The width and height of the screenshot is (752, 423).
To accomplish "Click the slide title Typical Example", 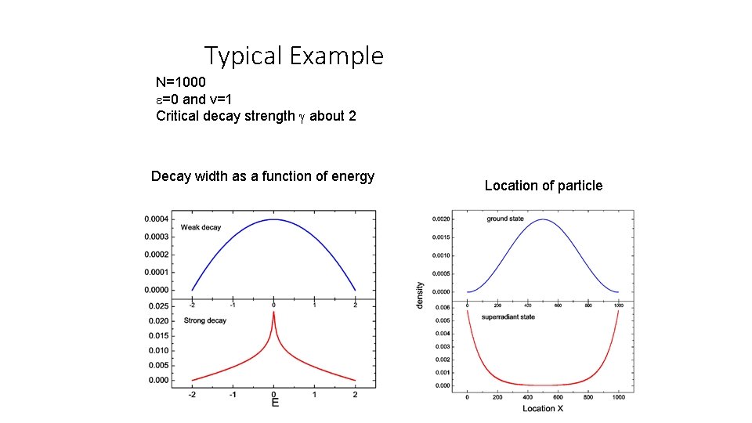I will click(x=294, y=56).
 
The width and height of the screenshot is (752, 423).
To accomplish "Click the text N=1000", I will click(x=180, y=82).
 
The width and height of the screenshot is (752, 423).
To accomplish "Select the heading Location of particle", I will click(x=543, y=186).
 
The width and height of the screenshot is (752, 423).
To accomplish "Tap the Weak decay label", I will click(x=201, y=227).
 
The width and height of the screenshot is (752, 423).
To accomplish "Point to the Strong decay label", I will click(x=204, y=320).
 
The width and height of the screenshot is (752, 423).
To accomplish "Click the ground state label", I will click(x=505, y=219).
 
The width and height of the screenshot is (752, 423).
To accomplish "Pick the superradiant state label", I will click(x=508, y=317).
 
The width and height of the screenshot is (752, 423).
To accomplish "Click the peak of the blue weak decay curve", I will click(x=273, y=219).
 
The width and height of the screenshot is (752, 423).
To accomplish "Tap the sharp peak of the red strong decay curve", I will click(x=273, y=312).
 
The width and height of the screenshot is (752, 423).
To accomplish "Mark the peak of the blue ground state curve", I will click(x=542, y=219).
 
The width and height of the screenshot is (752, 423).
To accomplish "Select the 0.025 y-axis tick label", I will click(x=158, y=306).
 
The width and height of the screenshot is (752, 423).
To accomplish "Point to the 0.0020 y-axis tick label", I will click(x=441, y=219).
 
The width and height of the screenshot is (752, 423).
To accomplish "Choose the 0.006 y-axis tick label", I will click(x=443, y=308).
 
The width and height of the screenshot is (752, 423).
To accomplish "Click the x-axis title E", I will click(x=274, y=403).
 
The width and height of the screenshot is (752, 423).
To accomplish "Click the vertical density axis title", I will click(x=420, y=295).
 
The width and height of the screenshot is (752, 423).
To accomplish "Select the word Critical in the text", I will click(x=178, y=116).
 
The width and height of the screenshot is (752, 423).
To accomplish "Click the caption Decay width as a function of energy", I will click(x=262, y=176).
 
